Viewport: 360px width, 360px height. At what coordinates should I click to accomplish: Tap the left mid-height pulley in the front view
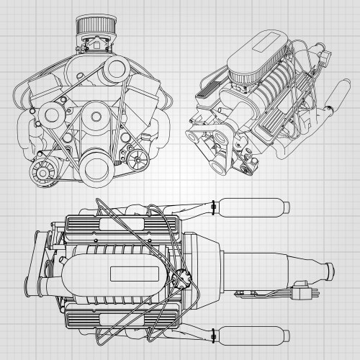tap(53, 114)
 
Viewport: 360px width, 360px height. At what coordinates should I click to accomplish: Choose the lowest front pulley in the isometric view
tap(247, 168)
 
